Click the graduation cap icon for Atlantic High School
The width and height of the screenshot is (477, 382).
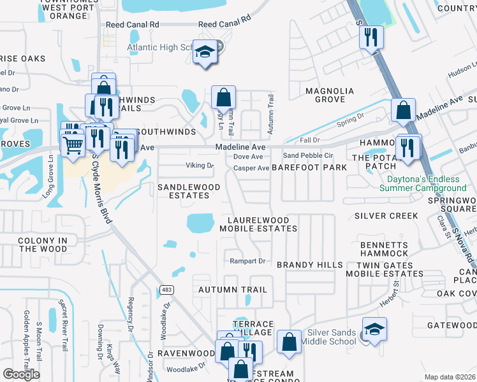pyautogui.click(x=205, y=52)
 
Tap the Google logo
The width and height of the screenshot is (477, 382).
pyautogui.click(x=21, y=374)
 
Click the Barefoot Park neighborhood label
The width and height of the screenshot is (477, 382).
pyautogui.click(x=309, y=167)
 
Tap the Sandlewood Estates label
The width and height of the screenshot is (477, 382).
pyautogui.click(x=189, y=191)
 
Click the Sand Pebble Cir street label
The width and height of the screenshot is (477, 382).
pyautogui.click(x=309, y=155)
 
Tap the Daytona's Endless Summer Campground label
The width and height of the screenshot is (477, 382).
pyautogui.click(x=423, y=183)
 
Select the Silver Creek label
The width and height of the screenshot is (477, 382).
pyautogui.click(x=386, y=216)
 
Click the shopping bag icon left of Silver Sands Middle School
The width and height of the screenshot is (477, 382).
pyautogui.click(x=290, y=341)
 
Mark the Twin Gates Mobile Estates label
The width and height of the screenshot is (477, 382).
pyautogui.click(x=384, y=269)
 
